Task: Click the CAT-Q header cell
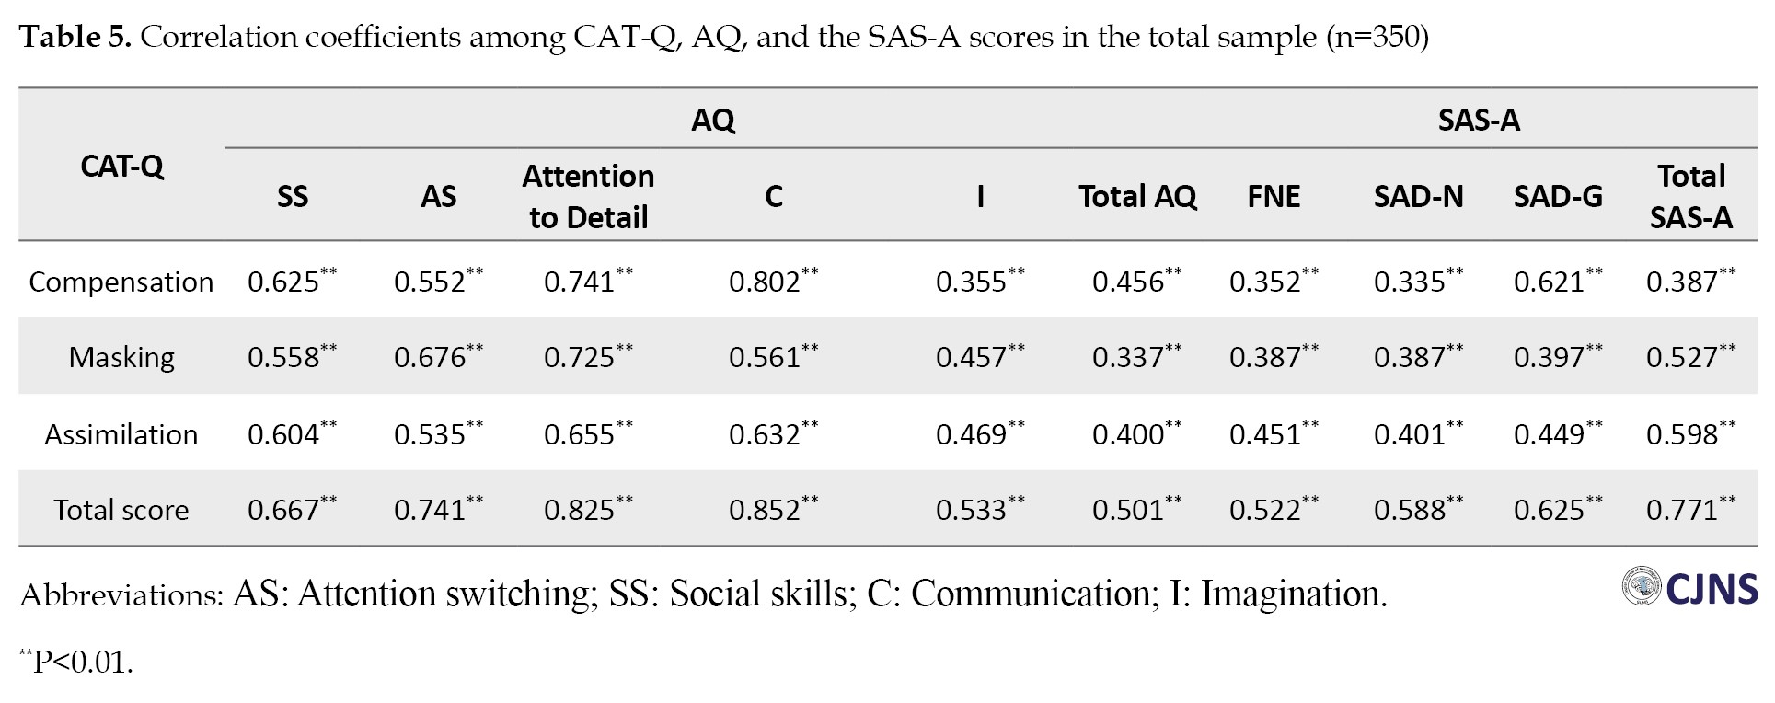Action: click(x=121, y=166)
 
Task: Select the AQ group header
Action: click(x=713, y=120)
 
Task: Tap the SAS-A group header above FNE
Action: click(x=1478, y=120)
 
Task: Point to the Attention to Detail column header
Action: click(x=588, y=196)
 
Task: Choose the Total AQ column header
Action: click(x=1137, y=196)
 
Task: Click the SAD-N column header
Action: click(x=1418, y=196)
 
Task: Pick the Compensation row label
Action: click(x=121, y=282)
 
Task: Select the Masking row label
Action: click(x=121, y=357)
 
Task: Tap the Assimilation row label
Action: click(x=121, y=434)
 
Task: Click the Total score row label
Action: click(x=121, y=510)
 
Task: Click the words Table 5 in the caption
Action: click(x=77, y=37)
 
